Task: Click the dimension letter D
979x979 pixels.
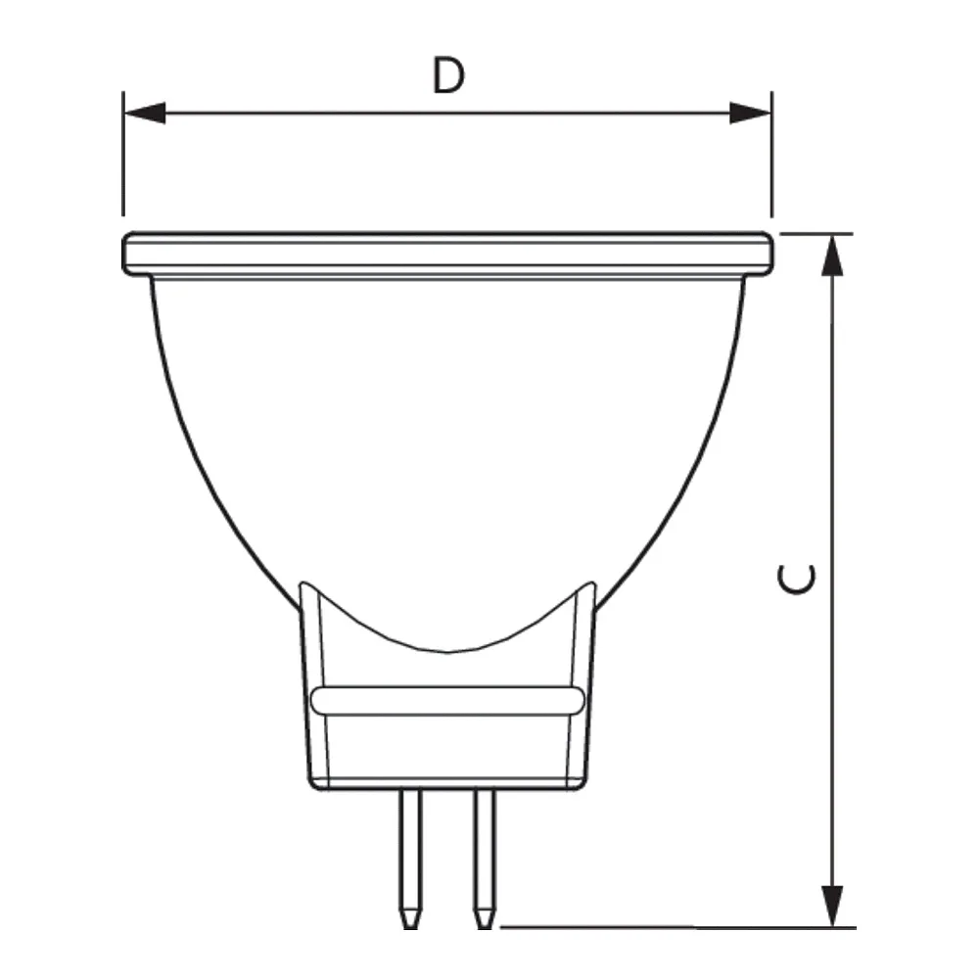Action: coord(449,75)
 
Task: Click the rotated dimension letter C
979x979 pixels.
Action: coord(796,579)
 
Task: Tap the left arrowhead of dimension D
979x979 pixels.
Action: coord(145,113)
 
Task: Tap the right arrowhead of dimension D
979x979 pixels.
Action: coord(751,113)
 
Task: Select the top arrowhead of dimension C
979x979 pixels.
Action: coord(832,256)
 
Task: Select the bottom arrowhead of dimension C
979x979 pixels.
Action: coord(832,906)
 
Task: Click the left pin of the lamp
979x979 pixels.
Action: coord(410,859)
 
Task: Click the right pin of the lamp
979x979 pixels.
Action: coord(485,859)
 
